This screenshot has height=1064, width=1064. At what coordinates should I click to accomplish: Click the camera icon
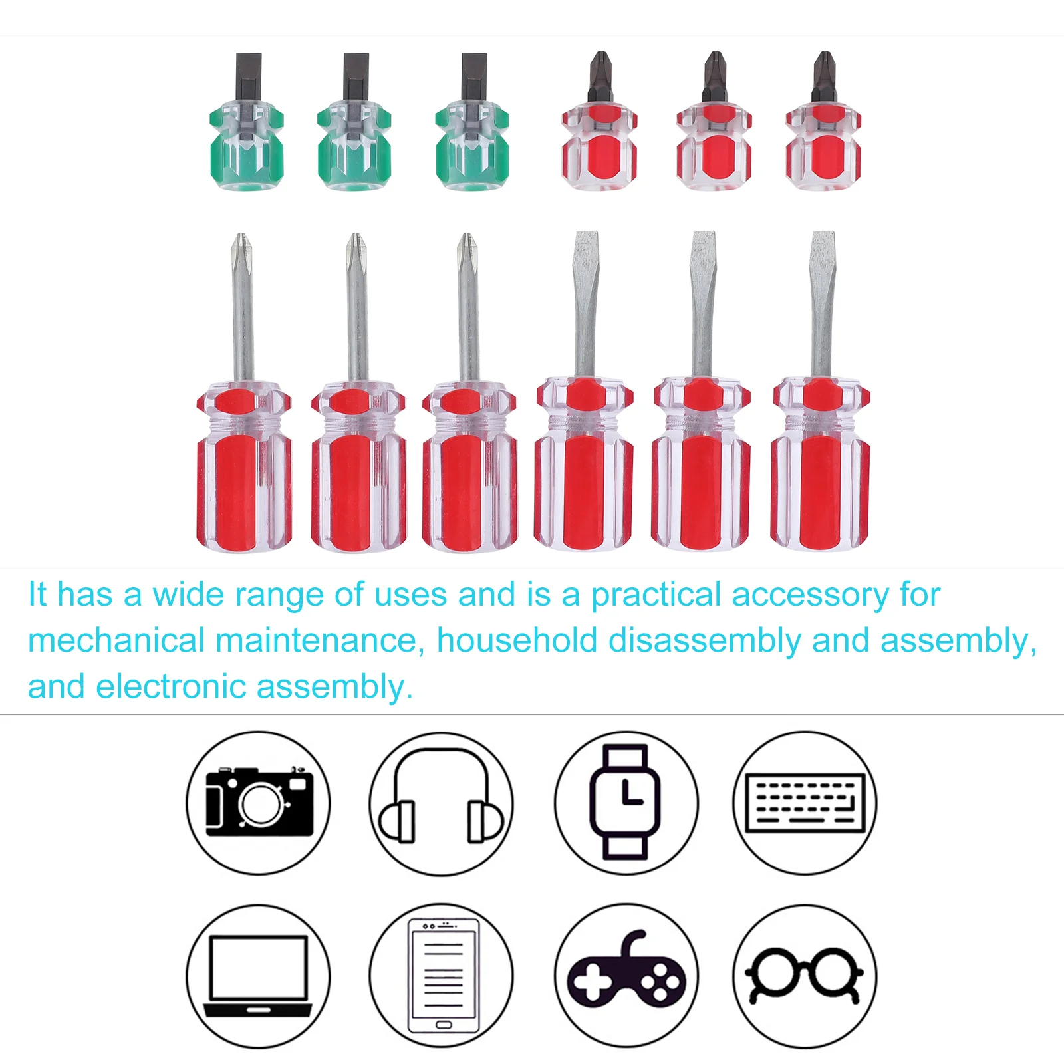point(258,803)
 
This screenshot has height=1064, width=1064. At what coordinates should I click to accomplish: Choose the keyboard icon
point(805,803)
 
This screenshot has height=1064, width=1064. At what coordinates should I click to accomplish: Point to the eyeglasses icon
point(805,975)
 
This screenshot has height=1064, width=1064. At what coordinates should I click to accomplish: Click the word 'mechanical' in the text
point(116,640)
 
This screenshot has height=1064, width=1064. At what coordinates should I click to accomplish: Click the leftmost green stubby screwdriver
point(247,133)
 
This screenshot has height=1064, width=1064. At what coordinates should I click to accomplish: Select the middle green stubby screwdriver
point(354,133)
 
